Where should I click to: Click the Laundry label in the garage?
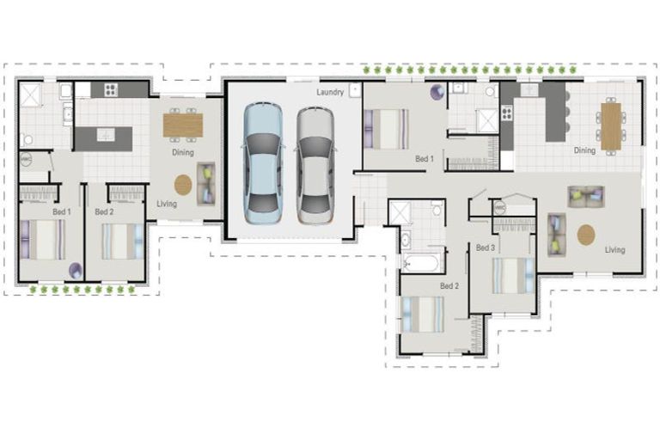click(x=330, y=92)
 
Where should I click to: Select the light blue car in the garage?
click(x=262, y=163)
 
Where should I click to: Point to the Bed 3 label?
click(x=485, y=247)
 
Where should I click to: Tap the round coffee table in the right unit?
click(x=586, y=235)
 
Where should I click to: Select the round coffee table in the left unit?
click(x=183, y=184)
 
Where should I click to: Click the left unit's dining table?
click(x=182, y=125)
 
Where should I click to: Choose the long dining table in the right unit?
click(x=611, y=126)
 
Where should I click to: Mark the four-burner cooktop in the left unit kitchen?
click(x=112, y=89)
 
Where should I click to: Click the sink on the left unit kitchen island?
click(x=105, y=135)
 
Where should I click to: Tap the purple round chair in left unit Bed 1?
click(x=75, y=270)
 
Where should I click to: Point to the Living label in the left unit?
click(x=167, y=204)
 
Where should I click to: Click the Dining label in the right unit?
click(x=584, y=150)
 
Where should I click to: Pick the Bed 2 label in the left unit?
click(x=104, y=211)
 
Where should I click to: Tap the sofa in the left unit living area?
click(x=206, y=182)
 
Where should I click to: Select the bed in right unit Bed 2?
click(x=425, y=314)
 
